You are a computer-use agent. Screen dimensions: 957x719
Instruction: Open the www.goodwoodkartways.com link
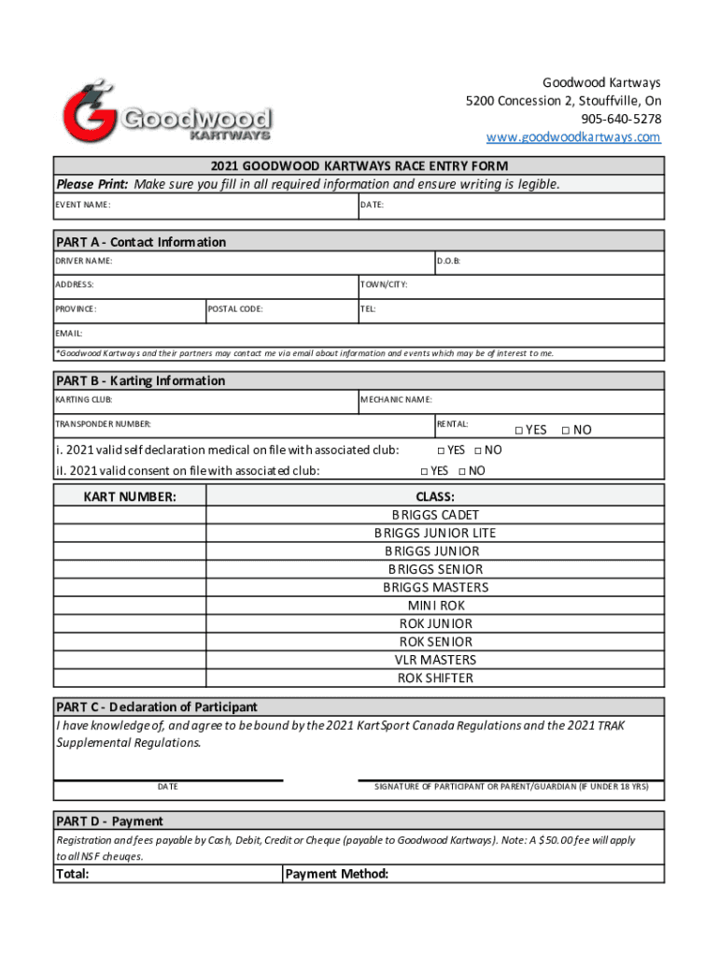572,137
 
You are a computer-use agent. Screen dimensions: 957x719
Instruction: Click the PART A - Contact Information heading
141,242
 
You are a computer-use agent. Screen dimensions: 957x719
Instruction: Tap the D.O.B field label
449,262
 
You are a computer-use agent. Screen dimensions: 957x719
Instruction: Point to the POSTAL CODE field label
235,308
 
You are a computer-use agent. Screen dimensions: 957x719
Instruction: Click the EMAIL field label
70,333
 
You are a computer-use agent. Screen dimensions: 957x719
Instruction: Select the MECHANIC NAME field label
396,400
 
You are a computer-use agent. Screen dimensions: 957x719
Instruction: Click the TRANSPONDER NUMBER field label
103,424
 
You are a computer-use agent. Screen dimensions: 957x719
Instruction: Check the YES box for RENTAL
519,430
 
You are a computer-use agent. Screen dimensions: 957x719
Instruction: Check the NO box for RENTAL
565,430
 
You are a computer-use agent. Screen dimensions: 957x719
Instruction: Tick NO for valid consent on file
462,471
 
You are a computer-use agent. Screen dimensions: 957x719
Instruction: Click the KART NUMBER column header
129,497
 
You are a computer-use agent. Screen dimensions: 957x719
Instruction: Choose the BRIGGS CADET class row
435,515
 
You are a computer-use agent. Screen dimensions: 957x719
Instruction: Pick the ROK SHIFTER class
435,678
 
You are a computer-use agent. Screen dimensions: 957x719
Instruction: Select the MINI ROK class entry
435,606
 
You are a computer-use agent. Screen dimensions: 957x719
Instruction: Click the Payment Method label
336,875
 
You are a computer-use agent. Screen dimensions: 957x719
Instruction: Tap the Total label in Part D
73,875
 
